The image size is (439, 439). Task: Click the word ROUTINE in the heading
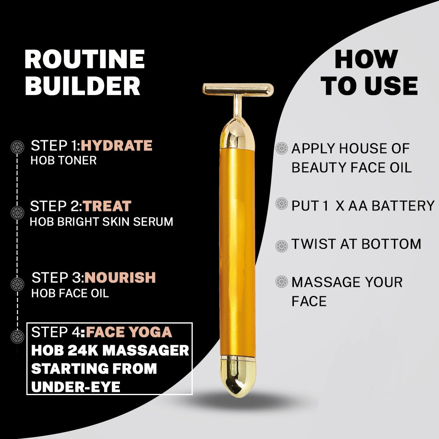[85, 59]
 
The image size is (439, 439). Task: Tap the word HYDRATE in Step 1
[116, 146]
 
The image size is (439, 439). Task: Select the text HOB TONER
[63, 160]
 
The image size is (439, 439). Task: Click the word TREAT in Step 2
[107, 206]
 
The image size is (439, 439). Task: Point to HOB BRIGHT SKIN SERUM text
[101, 222]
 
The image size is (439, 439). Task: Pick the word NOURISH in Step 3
[120, 278]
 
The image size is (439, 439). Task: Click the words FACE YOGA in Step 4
[129, 332]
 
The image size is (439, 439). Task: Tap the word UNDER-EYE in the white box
[76, 387]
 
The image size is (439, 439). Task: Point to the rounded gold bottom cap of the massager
[238, 376]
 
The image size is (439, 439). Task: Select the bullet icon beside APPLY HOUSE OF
[281, 148]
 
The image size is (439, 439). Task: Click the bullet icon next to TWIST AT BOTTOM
[281, 246]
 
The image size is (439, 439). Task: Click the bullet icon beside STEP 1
[17, 146]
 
